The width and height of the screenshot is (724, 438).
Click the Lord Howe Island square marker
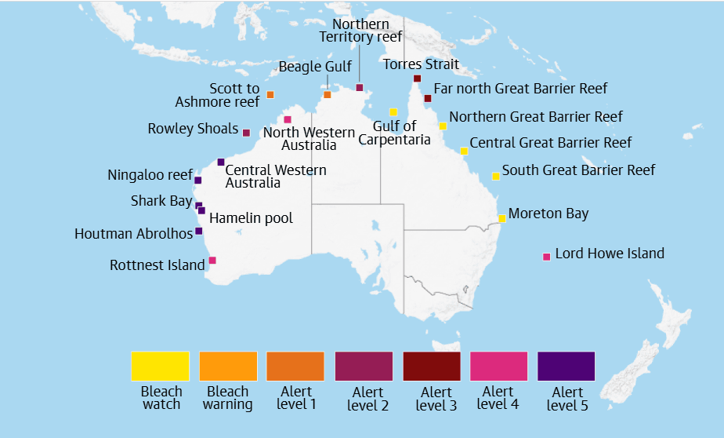(546, 257)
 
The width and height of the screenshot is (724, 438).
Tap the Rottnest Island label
(157, 265)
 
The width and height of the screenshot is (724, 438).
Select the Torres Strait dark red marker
(417, 78)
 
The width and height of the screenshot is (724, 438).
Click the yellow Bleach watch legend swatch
(160, 366)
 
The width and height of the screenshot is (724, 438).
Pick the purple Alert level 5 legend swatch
(566, 366)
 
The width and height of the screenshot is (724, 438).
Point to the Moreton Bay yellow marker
(502, 218)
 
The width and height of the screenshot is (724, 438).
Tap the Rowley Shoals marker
(246, 133)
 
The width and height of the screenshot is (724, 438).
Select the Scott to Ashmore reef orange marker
(270, 95)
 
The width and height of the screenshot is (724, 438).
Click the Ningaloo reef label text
(150, 175)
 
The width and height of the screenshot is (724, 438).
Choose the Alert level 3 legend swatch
(431, 366)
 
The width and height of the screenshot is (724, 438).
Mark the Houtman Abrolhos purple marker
(198, 231)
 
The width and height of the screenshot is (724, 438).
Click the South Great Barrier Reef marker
(495, 177)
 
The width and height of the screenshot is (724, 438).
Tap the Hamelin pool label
(251, 218)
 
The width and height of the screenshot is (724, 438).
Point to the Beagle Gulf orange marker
(328, 95)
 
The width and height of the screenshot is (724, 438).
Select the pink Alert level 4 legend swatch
(498, 366)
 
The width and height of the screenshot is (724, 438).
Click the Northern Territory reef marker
(360, 87)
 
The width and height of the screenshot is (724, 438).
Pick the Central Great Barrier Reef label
(550, 143)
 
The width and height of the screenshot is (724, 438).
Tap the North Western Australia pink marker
(288, 119)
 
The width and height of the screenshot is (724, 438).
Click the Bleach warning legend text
(227, 398)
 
